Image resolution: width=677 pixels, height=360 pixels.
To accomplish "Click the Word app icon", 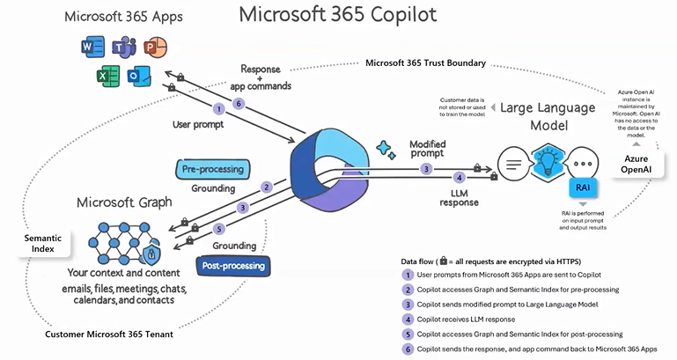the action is click(92, 47).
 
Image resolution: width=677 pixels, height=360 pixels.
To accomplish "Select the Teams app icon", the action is click(124, 47).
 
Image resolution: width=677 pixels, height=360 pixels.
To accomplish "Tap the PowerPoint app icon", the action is click(155, 47).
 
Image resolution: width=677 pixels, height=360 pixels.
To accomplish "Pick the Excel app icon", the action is click(108, 77).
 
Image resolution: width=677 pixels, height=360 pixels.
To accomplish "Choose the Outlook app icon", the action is click(139, 77).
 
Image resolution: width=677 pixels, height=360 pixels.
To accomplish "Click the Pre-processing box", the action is click(213, 169).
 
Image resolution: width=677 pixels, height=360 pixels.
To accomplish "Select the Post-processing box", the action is click(233, 266).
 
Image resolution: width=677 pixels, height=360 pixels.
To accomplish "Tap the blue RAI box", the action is click(583, 187).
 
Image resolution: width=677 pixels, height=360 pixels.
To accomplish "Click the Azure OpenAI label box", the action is click(636, 164).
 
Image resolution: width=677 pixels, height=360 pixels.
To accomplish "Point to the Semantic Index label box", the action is click(43, 244).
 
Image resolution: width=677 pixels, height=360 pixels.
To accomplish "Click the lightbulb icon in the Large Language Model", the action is click(547, 164).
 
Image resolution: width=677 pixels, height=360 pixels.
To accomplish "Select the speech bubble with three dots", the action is click(583, 164).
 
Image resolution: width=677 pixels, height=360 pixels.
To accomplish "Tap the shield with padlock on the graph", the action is click(151, 254).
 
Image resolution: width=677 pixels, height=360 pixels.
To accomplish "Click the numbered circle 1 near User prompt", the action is click(219, 109).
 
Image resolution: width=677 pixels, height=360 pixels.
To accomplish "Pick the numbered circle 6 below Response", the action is click(239, 104).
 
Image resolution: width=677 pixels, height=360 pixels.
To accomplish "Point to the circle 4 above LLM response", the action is click(460, 178).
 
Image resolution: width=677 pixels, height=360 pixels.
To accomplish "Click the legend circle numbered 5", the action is click(408, 334).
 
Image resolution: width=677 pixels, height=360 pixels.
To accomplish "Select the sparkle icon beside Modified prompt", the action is click(386, 150).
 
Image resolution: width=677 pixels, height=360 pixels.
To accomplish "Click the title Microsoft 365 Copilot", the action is click(338, 14).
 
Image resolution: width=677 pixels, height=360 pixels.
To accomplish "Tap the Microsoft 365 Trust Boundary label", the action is click(426, 63).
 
